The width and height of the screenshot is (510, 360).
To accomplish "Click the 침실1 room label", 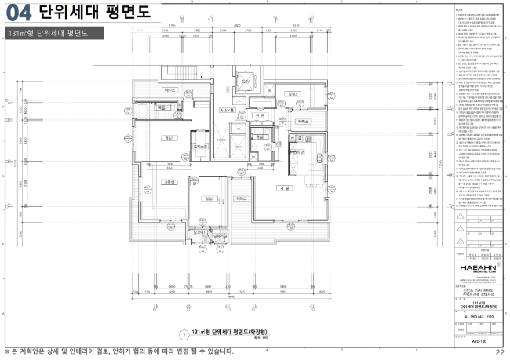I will pos(166,138).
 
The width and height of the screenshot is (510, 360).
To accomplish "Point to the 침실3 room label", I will pos(292,94).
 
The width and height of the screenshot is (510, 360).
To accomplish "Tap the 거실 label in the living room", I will pos(283,189).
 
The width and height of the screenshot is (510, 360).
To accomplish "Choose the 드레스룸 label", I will pos(201,146).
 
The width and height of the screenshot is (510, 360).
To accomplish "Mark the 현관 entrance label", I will pos(258,115).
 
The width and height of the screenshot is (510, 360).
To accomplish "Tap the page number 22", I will pos(500,351).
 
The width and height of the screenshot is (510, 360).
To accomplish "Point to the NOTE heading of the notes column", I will pos(460,9).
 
